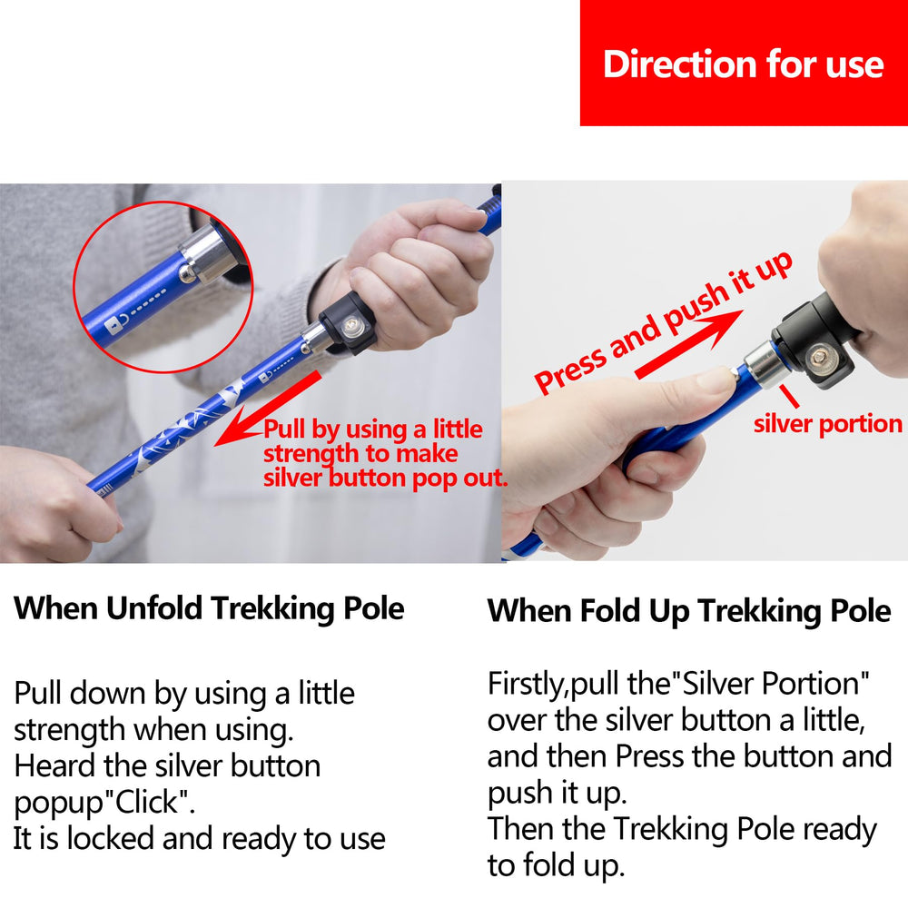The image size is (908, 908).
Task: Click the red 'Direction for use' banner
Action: coord(744,63)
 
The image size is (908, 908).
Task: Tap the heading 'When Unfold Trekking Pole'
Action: coord(209,609)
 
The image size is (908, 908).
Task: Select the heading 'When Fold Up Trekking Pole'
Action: coord(689,611)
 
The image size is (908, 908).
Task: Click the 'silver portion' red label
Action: coord(827,424)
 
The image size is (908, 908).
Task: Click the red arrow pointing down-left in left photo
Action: coord(267,409)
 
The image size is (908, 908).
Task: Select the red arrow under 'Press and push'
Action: coord(689,344)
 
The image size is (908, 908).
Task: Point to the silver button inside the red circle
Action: coord(187,272)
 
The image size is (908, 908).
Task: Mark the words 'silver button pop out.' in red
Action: coord(385,479)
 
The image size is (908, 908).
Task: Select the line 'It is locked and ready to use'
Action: coord(199,838)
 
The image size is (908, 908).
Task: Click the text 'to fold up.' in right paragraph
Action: coord(556,865)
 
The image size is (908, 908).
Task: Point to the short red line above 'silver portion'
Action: coord(789,396)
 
